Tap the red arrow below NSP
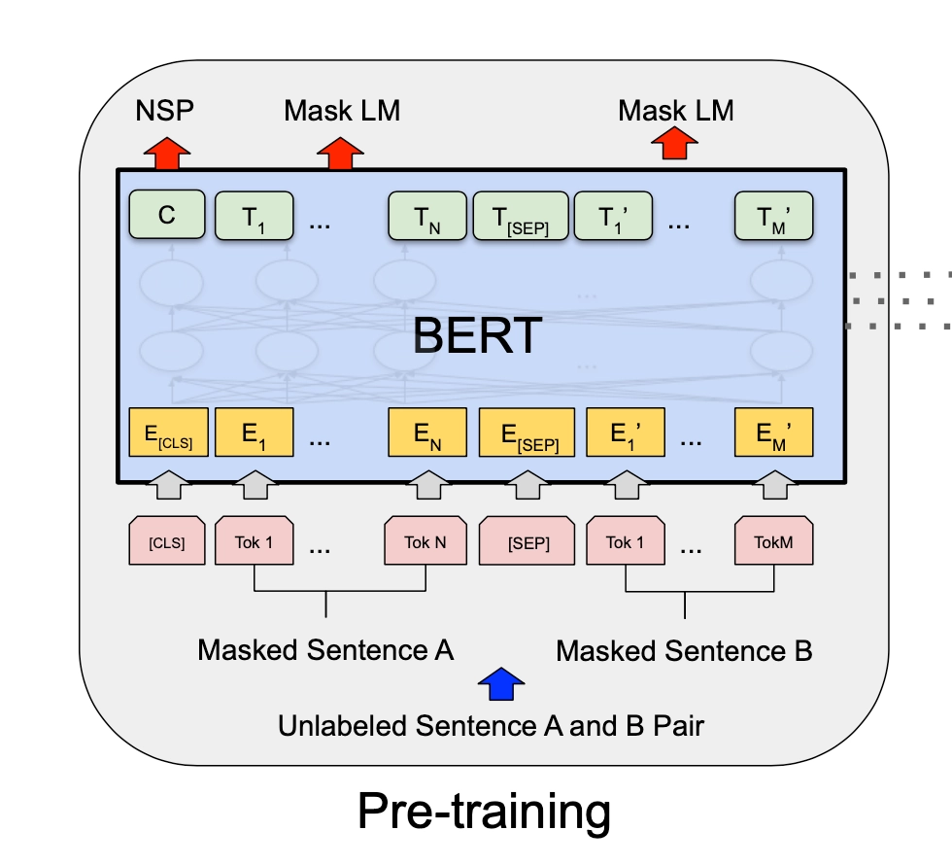coord(167,152)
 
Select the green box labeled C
coord(167,216)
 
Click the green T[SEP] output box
coord(521,217)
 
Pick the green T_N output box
coord(426,217)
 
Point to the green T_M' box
coord(773,217)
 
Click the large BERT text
coord(477,335)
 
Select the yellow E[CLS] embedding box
coord(167,432)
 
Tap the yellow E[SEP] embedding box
coord(527,432)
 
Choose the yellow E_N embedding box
coord(426,432)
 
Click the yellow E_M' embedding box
coord(773,432)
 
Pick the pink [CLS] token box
coord(167,541)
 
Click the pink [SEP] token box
coord(528,541)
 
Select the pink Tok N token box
coord(425,541)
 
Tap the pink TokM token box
coord(773,541)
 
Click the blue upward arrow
coord(501,684)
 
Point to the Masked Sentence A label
coord(325,649)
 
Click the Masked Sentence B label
coord(684,650)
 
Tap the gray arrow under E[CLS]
coord(167,484)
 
